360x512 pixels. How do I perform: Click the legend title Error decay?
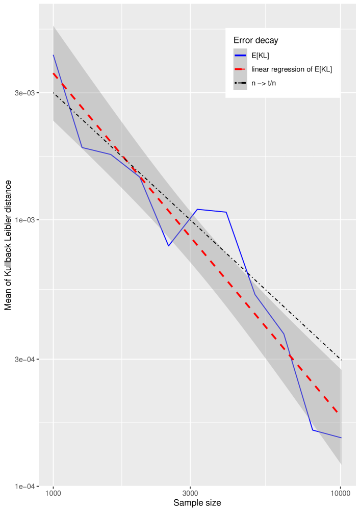255,40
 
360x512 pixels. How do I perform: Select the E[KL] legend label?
260,56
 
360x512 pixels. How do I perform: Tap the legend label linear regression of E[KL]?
292,69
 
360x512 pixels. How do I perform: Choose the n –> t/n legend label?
264,83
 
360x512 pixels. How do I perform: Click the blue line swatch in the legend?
240,56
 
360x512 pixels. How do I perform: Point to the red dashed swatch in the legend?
240,69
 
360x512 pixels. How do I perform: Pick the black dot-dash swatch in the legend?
240,83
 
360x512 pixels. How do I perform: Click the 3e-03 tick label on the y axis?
25,93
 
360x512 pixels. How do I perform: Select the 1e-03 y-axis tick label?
25,220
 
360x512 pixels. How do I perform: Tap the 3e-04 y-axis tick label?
25,360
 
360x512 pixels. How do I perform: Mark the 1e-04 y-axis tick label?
25,486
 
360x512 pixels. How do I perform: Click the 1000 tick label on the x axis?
53,493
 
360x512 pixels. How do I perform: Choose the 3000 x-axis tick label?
190,493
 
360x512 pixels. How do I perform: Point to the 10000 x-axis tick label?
341,493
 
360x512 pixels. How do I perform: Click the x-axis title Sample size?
197,503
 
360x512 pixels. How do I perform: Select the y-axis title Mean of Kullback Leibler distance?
8,245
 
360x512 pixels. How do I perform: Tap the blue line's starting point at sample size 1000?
53,55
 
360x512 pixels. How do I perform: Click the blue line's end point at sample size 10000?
341,438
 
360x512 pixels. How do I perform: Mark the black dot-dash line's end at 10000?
341,360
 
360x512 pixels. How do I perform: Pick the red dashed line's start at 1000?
53,73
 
